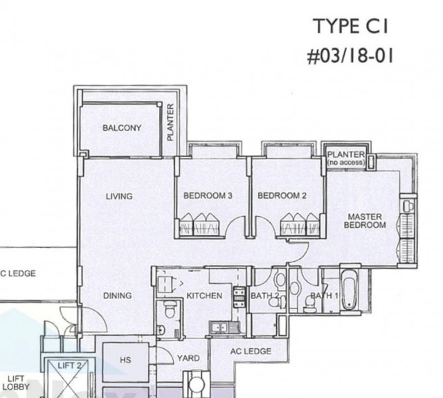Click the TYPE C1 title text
click(x=351, y=26)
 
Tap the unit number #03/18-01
click(x=350, y=56)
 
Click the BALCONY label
click(x=122, y=128)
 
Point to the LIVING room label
click(x=119, y=196)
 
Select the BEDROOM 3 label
click(x=208, y=195)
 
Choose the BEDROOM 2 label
click(x=282, y=195)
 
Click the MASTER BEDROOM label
click(x=365, y=221)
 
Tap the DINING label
click(x=117, y=296)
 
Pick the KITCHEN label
click(x=204, y=296)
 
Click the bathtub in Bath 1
click(x=349, y=289)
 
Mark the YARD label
click(x=188, y=358)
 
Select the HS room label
click(x=125, y=360)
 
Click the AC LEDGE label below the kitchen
click(x=251, y=351)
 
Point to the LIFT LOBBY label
click(x=16, y=383)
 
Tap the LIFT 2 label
click(x=69, y=365)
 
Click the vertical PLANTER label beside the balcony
click(x=170, y=123)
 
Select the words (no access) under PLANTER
click(x=346, y=163)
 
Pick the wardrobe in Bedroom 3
click(x=199, y=224)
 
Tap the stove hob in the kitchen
click(x=239, y=297)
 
